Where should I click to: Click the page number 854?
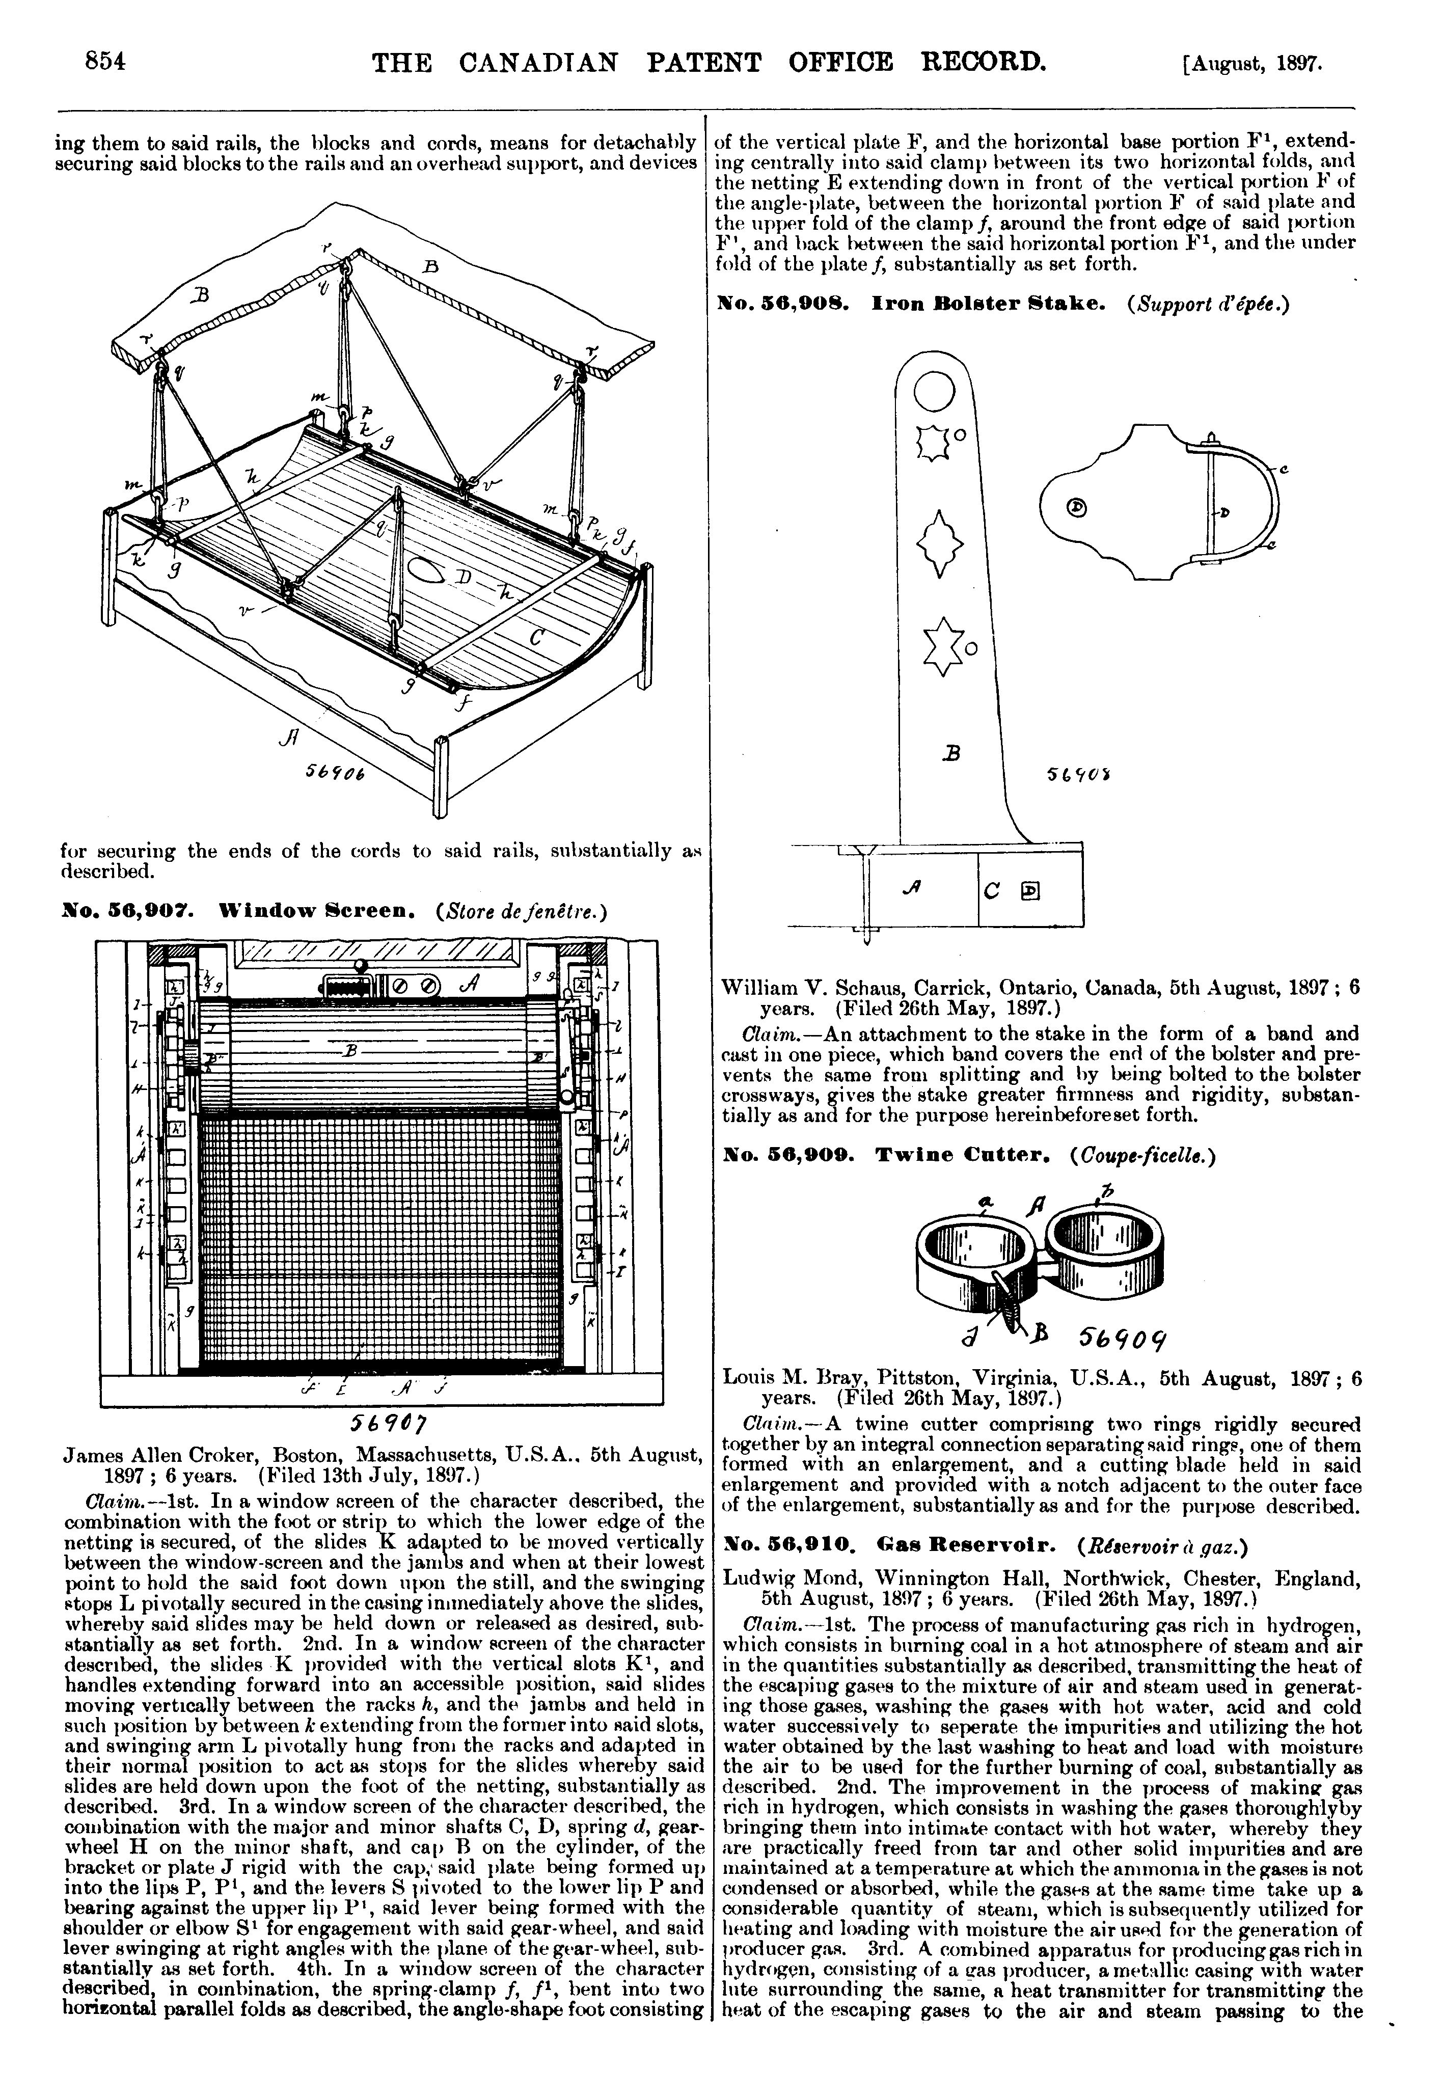click(103, 62)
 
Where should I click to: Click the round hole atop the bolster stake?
click(934, 391)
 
